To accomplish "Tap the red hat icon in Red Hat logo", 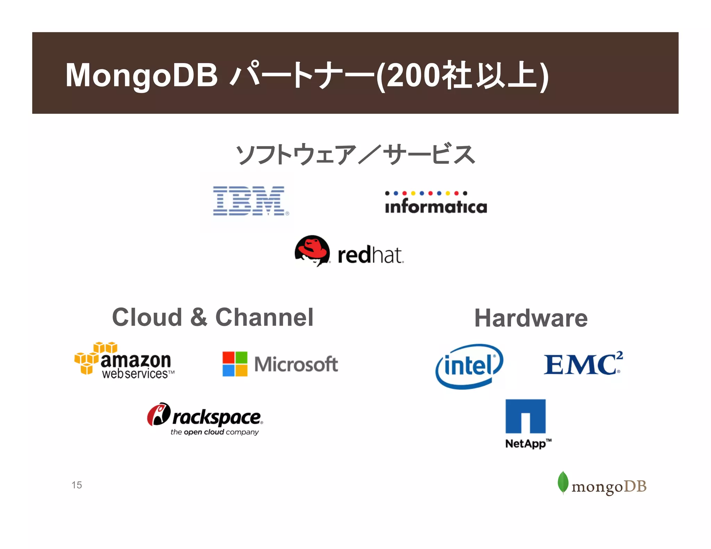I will click(312, 250).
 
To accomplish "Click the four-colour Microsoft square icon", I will click(235, 364).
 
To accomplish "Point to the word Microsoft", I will click(296, 364).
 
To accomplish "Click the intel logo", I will click(469, 366).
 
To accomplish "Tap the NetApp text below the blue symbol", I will click(525, 444).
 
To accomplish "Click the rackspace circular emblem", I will click(158, 414).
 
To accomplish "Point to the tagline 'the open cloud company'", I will click(215, 432).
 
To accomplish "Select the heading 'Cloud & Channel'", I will click(212, 317).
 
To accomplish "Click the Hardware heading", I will click(531, 318).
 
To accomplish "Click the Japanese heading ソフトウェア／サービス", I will click(355, 154).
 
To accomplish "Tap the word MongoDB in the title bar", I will click(142, 75).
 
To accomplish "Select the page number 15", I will click(77, 485).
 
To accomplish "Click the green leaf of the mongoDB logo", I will click(563, 482).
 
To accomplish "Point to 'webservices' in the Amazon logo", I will click(135, 374).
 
